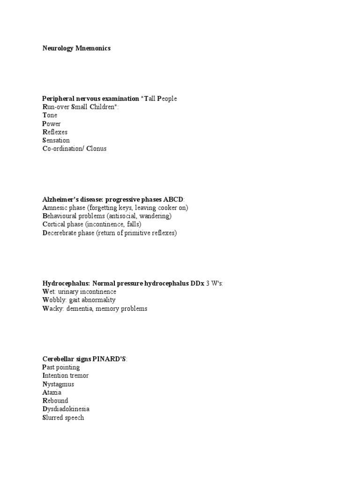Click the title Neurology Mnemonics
[76, 48]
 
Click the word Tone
[50, 115]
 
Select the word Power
[52, 124]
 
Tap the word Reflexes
[55, 132]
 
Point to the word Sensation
[56, 141]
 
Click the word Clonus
[97, 149]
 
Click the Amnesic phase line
[108, 208]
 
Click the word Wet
[48, 292]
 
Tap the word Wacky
[52, 309]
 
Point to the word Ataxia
[52, 393]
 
